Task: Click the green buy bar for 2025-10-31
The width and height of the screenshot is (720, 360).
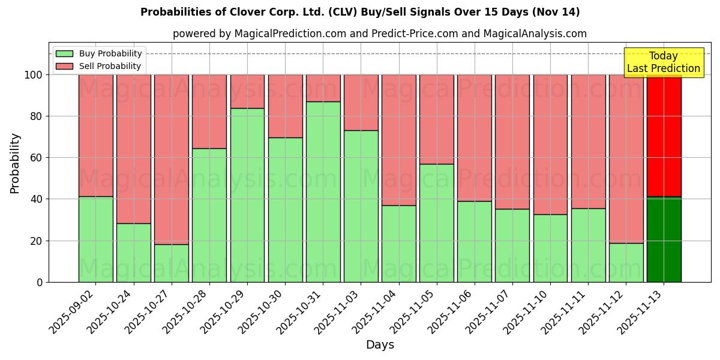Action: tap(323, 191)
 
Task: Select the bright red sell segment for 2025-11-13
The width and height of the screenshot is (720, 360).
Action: tap(664, 136)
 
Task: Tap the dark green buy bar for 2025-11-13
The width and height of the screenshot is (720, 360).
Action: tap(664, 239)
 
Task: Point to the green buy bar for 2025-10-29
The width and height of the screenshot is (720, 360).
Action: tap(247, 195)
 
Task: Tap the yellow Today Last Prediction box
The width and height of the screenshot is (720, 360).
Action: tap(663, 62)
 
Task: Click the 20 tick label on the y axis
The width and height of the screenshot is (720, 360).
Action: tap(37, 241)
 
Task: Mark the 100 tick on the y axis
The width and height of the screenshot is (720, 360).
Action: tap(34, 75)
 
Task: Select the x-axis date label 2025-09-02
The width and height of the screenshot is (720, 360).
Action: tap(73, 313)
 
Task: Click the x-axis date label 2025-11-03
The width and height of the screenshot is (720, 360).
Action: tap(338, 313)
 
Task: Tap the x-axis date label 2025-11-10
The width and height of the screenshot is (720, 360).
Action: tap(527, 313)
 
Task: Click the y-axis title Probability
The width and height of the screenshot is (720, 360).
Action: tap(15, 163)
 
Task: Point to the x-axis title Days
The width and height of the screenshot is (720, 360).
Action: tap(380, 345)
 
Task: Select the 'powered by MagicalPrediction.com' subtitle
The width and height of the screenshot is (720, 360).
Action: tap(380, 34)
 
